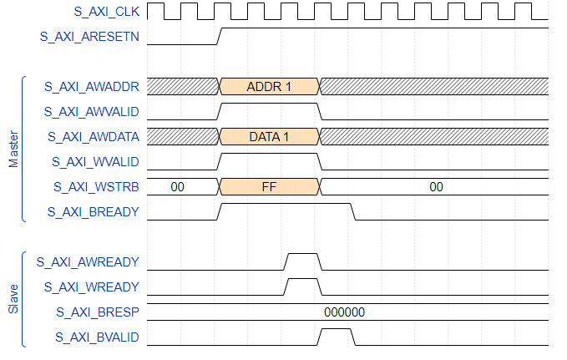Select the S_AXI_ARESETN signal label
(x=90, y=37)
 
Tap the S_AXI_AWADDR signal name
(x=93, y=86)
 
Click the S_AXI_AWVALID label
(x=93, y=111)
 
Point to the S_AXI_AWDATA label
(x=93, y=136)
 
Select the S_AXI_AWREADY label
(x=88, y=261)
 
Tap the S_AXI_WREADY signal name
(x=91, y=286)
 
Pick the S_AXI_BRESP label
(x=97, y=312)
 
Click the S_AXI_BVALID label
(x=96, y=337)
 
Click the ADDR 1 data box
(x=269, y=86)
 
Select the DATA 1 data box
(x=269, y=136)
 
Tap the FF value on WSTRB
(x=269, y=186)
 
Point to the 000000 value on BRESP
(x=344, y=312)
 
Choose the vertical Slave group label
(x=13, y=298)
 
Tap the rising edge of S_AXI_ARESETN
(x=220, y=36)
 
